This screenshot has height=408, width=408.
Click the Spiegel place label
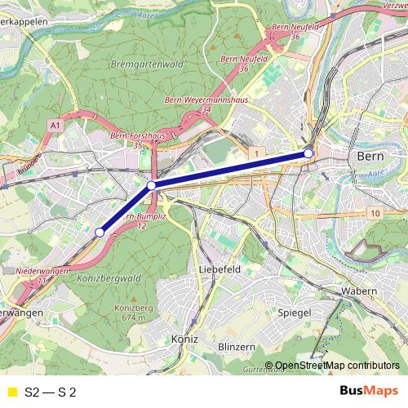[295, 313]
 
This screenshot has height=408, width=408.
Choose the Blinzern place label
[238, 347]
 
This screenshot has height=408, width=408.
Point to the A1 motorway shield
[55, 126]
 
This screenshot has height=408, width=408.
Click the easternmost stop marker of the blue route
[308, 153]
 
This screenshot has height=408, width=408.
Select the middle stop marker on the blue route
[152, 186]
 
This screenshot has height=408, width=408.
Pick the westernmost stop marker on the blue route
[100, 233]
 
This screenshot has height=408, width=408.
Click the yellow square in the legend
[11, 392]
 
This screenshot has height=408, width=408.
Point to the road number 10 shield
[375, 214]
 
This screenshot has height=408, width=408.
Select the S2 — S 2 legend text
[51, 392]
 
